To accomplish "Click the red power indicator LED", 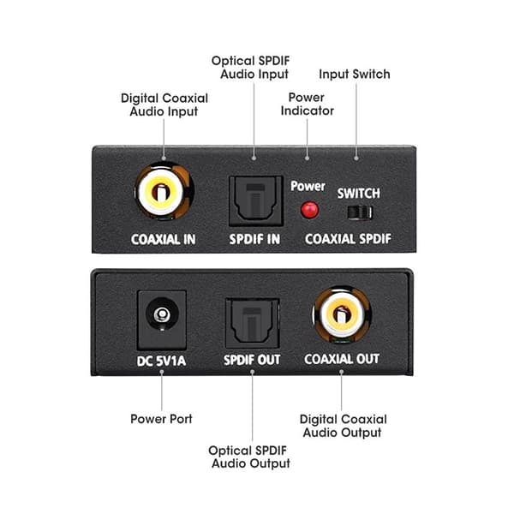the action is click(309, 210).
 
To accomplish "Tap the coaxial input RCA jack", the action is click(164, 191).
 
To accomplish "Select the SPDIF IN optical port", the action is click(255, 200).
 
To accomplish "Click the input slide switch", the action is click(360, 212).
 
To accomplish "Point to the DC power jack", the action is click(162, 320).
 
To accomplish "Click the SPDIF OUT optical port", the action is click(253, 323).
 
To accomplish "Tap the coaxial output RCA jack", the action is click(342, 315).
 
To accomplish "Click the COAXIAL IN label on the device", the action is click(164, 239).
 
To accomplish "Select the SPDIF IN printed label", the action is click(254, 239).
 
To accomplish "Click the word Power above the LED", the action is click(308, 186).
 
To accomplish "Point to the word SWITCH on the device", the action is click(359, 194).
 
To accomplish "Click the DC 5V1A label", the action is click(161, 361).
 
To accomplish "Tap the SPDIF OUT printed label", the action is click(252, 360).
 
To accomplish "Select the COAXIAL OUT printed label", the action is click(342, 359).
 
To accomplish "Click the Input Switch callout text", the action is click(355, 75).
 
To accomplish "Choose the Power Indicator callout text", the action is click(308, 104).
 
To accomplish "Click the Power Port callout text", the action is click(161, 419).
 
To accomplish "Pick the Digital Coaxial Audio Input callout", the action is click(164, 105).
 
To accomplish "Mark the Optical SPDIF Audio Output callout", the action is click(249, 457).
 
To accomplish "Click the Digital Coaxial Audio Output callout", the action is click(343, 426).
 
